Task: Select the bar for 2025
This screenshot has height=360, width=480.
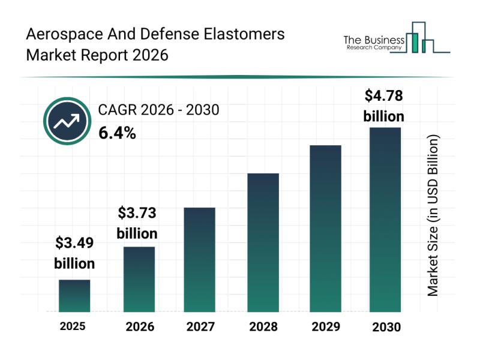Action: coord(74,296)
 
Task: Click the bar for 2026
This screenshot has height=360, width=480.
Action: coord(139,279)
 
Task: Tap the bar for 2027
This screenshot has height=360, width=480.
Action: coord(199,259)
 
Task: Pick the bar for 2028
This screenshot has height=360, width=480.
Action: coord(263,242)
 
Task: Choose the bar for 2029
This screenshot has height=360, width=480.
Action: coord(325,229)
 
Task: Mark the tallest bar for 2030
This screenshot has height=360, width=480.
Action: coord(385,220)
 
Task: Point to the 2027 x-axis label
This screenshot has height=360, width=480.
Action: coord(200,327)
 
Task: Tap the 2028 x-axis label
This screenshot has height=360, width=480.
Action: coord(263,327)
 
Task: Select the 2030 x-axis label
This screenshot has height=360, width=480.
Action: coord(386,327)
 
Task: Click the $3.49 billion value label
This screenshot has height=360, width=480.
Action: coord(74,253)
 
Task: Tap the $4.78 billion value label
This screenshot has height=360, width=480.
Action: coord(384,106)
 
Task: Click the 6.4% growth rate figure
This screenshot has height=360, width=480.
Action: coord(117,133)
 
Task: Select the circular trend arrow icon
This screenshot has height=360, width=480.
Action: coord(66,122)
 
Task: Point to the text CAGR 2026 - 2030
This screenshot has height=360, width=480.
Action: coord(158,110)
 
